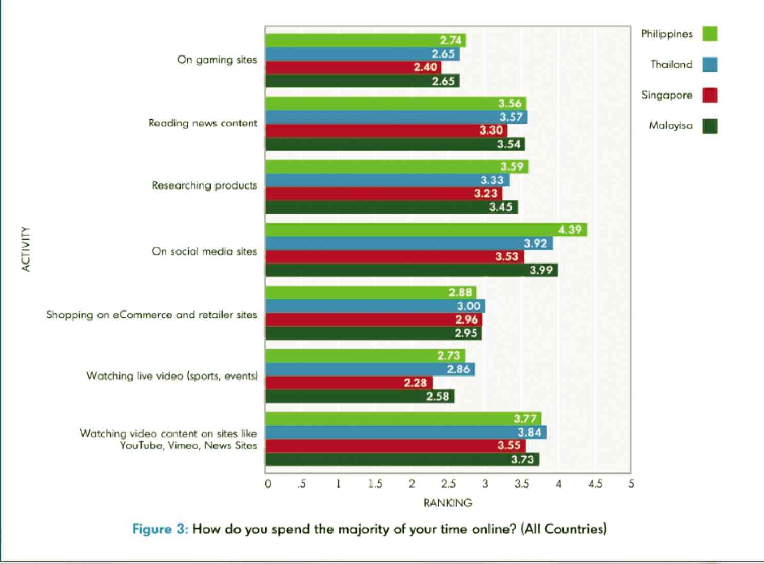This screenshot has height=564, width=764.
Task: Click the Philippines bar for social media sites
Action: click(x=426, y=230)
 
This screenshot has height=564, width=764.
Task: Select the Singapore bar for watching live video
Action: click(x=349, y=383)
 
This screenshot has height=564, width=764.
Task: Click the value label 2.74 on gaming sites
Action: click(x=450, y=41)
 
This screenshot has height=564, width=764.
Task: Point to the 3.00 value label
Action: click(x=468, y=306)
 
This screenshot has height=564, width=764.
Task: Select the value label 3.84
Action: click(x=529, y=433)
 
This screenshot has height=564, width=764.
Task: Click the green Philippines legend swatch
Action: click(x=710, y=34)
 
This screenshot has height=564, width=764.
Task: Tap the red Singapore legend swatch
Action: click(x=710, y=95)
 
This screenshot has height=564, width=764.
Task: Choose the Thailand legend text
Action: click(x=671, y=65)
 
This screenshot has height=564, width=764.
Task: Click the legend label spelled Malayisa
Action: click(x=670, y=126)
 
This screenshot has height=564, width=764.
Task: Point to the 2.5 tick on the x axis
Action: click(x=448, y=484)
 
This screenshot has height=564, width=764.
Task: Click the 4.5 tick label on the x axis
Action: click(x=595, y=484)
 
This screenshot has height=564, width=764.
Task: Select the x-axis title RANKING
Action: click(x=447, y=503)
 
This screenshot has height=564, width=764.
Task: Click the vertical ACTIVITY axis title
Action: click(x=26, y=249)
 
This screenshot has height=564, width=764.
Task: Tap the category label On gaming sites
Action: click(x=217, y=60)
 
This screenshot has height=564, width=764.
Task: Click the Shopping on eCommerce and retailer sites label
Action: click(x=151, y=315)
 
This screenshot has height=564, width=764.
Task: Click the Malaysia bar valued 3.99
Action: click(x=411, y=270)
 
